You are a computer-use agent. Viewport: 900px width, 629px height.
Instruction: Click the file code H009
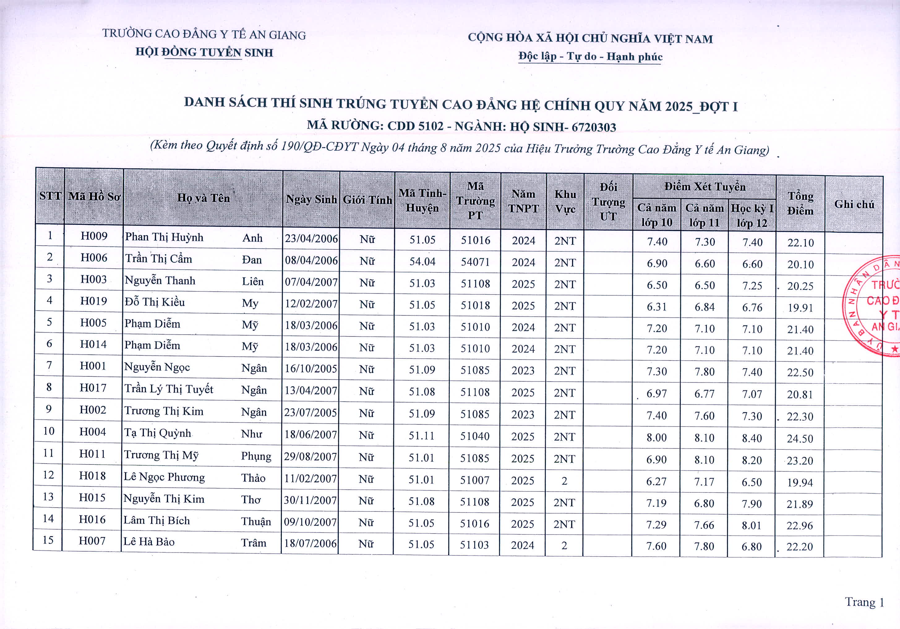(94, 236)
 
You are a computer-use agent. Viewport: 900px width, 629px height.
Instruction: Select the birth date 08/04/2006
(311, 261)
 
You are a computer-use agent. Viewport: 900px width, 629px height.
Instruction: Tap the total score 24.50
(800, 439)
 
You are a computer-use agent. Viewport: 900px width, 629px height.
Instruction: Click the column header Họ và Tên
(204, 198)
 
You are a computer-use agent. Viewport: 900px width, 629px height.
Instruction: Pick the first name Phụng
(256, 456)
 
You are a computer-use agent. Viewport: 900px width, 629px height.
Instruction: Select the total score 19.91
(800, 308)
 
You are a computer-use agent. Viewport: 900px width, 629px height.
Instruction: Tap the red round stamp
(872, 306)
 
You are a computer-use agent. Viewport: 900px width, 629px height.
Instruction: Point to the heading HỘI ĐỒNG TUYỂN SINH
(204, 52)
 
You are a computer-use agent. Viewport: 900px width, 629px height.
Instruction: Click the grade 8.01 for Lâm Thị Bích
(752, 525)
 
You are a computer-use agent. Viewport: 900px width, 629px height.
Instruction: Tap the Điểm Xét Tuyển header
(705, 186)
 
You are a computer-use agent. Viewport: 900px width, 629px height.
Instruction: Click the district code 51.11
(421, 436)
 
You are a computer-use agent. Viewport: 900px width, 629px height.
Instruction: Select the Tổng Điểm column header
(800, 203)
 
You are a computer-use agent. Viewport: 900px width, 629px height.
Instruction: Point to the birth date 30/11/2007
(310, 500)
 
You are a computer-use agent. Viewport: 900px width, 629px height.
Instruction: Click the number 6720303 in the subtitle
(594, 127)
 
